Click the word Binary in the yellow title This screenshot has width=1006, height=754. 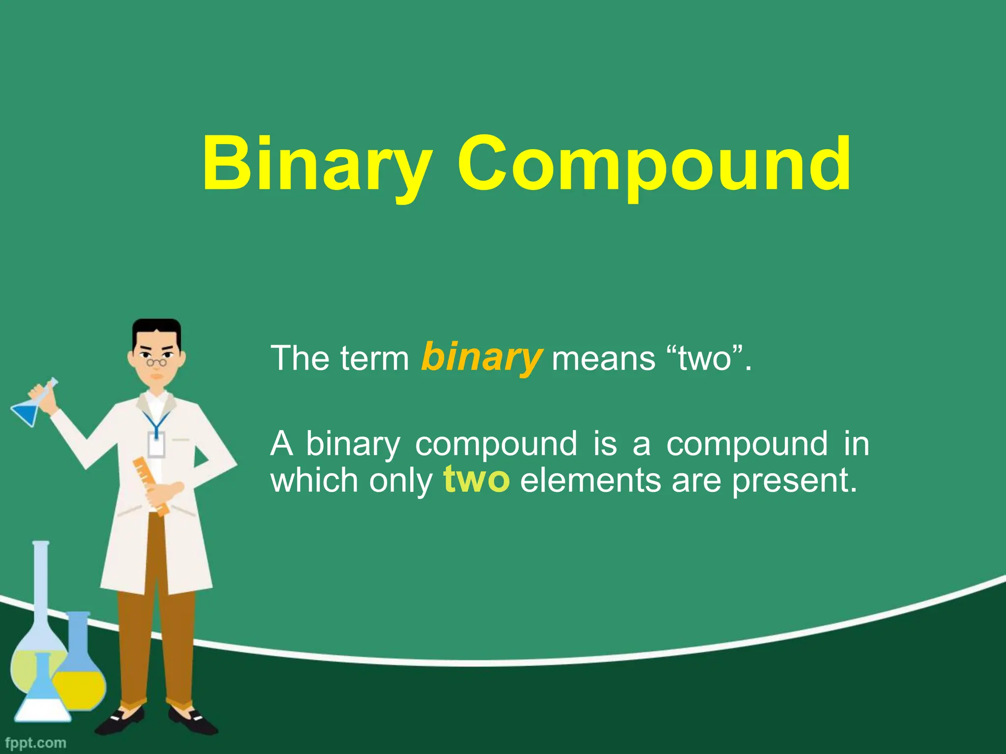click(x=317, y=164)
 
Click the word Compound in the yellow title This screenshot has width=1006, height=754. click(x=653, y=164)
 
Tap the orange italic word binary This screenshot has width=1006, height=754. click(x=482, y=357)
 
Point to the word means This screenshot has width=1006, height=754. click(x=603, y=358)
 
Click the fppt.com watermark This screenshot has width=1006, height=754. click(x=35, y=742)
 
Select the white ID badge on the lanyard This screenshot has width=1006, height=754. click(x=156, y=445)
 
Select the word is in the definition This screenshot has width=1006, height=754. click(x=605, y=444)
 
